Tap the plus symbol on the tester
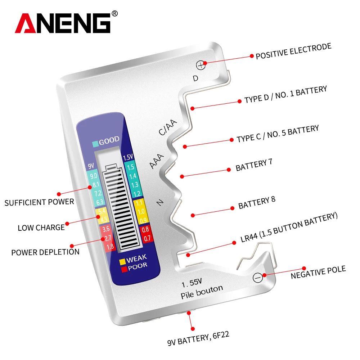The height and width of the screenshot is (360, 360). [201, 65]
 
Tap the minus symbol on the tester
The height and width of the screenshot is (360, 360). [257, 278]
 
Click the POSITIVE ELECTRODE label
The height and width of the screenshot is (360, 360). [293, 51]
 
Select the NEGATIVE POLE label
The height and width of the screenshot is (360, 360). [318, 272]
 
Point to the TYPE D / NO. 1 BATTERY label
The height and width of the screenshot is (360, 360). [285, 95]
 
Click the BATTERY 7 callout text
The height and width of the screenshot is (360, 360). [253, 165]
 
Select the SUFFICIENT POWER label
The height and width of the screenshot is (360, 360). [39, 202]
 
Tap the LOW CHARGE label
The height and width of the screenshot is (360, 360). [41, 228]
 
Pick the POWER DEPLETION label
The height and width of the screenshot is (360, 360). [45, 252]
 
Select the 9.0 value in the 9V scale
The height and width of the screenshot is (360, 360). [94, 176]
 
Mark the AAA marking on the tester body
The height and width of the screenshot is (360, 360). [157, 161]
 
